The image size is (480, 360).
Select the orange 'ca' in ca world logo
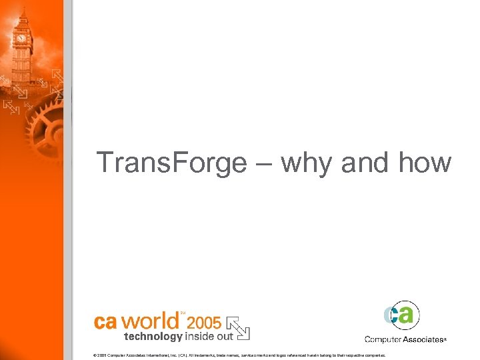pos(106,321)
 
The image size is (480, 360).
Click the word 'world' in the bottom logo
pos(149,320)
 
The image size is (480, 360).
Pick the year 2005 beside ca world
pos(205,323)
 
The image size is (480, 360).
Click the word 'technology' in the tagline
pos(153,336)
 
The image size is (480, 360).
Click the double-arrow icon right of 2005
pos(237,325)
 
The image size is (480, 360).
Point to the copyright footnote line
pos(239,355)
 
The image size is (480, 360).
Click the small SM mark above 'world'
pos(183,312)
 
